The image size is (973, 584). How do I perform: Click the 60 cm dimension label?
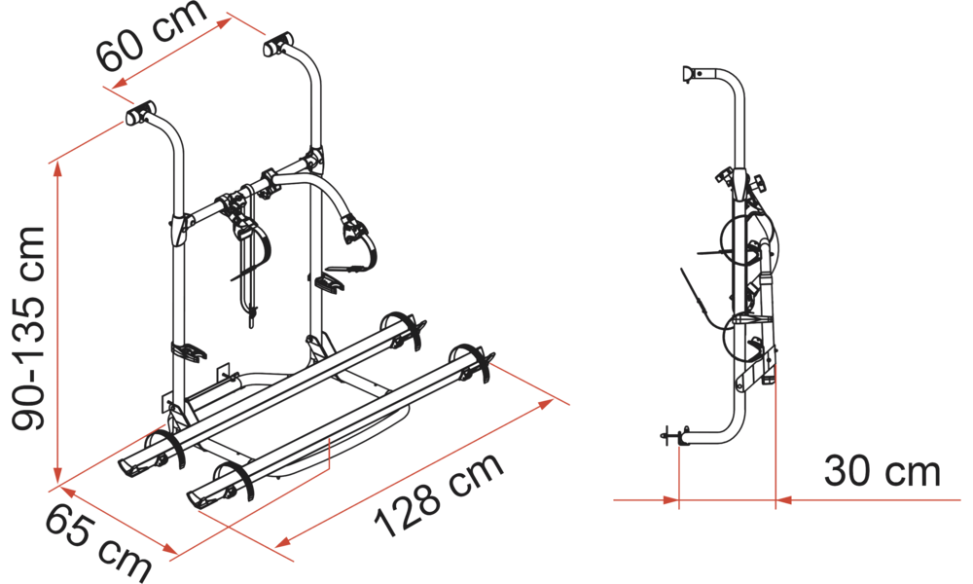151,36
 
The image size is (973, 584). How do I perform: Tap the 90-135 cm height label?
29,328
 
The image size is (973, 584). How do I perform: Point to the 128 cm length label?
439,495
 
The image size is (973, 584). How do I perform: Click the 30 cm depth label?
883,472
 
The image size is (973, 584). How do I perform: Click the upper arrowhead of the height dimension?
57,169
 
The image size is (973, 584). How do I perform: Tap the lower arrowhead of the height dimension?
57,474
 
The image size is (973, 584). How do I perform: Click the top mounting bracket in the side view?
691,73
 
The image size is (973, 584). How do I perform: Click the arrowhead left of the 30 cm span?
671,499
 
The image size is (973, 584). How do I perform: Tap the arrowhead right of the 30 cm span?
784,499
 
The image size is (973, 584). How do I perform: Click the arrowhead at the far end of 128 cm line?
546,404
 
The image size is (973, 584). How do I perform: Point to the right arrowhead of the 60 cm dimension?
225,23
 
